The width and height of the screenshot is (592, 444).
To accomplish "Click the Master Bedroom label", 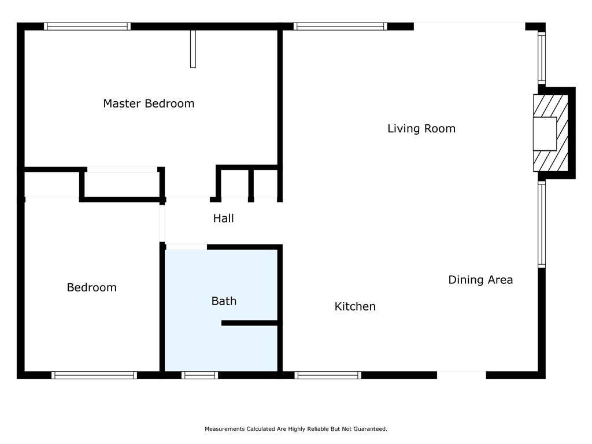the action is click(149, 103).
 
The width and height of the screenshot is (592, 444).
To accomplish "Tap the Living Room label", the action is click(421, 129).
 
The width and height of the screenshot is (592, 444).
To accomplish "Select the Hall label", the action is click(224, 218).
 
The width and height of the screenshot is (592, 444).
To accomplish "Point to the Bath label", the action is click(224, 301).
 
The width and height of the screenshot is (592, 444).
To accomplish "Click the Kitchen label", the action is click(355, 306).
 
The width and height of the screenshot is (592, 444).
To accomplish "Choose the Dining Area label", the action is click(480, 280).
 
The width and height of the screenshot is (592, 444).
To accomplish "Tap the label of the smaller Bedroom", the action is click(92, 287).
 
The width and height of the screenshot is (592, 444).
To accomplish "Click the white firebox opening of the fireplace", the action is click(545, 134).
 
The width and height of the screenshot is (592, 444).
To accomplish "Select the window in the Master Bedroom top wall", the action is click(87, 27).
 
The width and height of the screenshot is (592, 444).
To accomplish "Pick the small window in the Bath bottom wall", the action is click(199, 375).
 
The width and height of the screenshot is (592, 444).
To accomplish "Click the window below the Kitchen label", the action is click(328, 375).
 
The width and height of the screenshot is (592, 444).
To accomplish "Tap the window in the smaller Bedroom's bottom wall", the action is click(94, 375).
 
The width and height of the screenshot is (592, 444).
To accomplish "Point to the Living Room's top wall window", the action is click(340, 27).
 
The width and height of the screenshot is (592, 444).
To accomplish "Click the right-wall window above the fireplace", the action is click(541, 58).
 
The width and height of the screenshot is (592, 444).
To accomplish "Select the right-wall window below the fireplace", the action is click(541, 224).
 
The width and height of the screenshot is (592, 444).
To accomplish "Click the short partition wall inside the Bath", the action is click(250, 323).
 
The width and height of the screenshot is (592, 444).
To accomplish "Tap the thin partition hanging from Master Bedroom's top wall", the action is click(193, 49).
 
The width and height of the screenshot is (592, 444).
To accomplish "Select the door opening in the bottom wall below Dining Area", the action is click(461, 375).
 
